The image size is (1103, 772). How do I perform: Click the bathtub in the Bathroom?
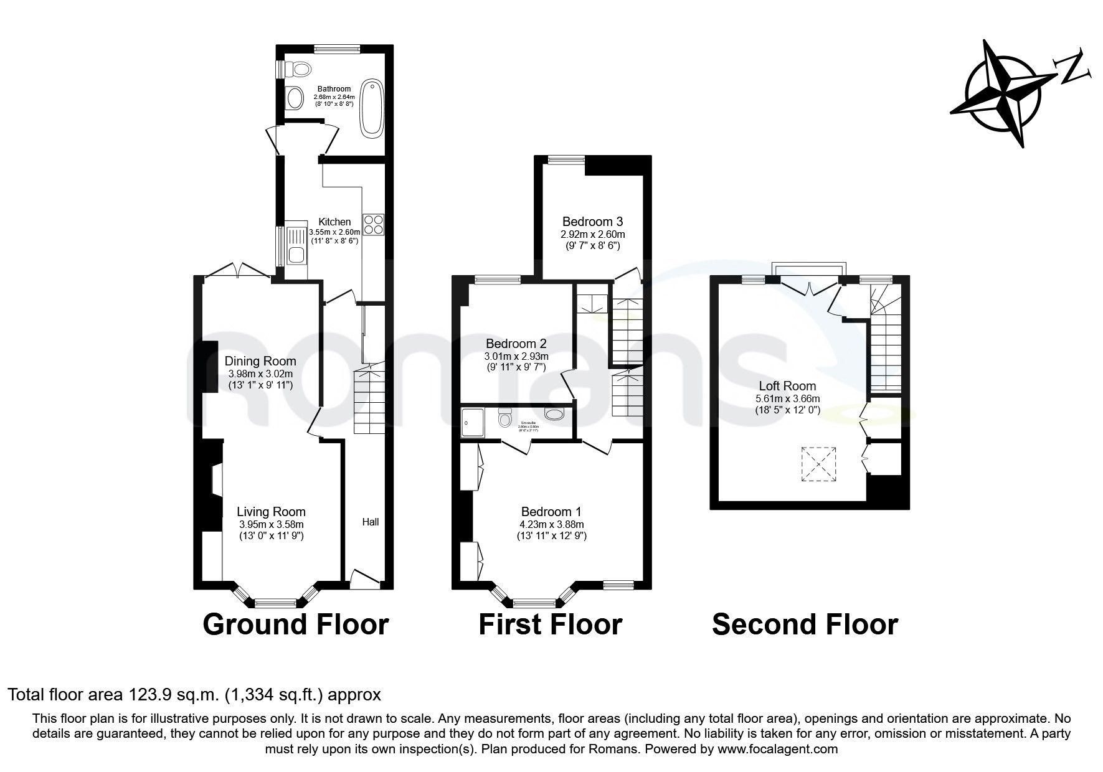tap(372, 107)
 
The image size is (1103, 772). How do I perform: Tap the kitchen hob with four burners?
tap(374, 224)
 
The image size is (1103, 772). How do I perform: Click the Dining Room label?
tap(260, 361)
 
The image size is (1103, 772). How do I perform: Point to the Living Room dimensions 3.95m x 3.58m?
tap(271, 524)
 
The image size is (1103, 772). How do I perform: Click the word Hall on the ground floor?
tap(371, 522)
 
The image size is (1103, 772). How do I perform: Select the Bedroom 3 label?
tap(592, 222)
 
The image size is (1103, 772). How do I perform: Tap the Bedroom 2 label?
tap(516, 344)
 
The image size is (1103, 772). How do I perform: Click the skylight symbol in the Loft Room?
tap(818, 464)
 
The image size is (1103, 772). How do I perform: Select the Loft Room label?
tap(787, 386)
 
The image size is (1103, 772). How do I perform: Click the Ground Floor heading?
tap(296, 624)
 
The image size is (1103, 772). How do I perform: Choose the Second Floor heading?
tap(805, 624)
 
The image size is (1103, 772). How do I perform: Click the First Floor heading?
tap(550, 624)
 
